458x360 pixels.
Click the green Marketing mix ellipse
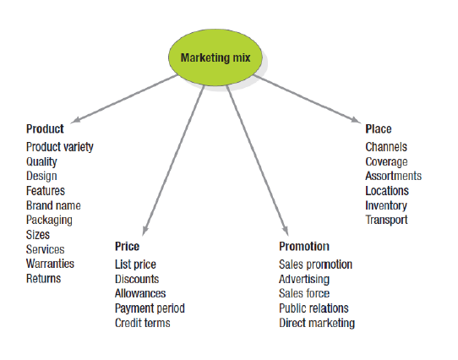click(x=215, y=57)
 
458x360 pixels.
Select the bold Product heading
click(x=45, y=128)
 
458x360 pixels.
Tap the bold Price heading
click(x=127, y=246)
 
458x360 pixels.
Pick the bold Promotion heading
click(x=304, y=246)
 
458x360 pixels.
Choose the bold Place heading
click(x=379, y=128)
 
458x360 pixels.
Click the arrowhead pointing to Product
click(x=76, y=120)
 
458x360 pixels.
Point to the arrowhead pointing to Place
click(x=356, y=119)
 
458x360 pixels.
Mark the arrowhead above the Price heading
click(x=145, y=231)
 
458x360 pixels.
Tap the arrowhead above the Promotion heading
click(x=285, y=231)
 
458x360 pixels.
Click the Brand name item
click(x=53, y=205)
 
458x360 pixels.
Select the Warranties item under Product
click(x=50, y=264)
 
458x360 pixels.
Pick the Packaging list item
click(x=49, y=221)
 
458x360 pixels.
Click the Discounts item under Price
click(x=137, y=279)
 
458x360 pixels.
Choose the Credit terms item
click(x=143, y=323)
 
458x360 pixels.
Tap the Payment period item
click(x=150, y=308)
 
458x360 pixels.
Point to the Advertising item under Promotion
click(x=304, y=280)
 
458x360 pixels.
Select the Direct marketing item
click(x=317, y=324)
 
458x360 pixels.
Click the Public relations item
click(x=314, y=308)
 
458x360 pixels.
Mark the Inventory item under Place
click(x=386, y=206)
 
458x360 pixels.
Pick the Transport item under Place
click(x=386, y=221)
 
